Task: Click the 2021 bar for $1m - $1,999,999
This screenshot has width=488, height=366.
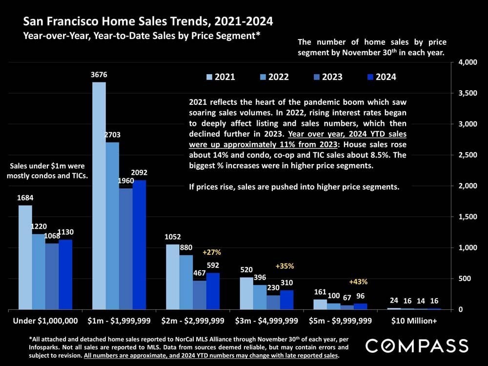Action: click(99, 195)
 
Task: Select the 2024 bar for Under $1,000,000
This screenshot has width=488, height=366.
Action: click(65, 274)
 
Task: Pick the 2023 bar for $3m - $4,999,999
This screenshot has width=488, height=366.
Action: click(273, 302)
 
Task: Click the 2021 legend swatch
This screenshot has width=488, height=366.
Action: click(209, 77)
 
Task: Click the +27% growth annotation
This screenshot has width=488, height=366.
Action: click(212, 252)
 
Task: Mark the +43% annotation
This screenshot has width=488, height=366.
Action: click(358, 282)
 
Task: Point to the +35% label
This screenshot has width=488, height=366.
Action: click(285, 266)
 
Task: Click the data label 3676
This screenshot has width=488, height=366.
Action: click(99, 75)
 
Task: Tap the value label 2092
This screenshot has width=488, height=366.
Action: click(139, 173)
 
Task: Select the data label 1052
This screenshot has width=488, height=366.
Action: click(173, 237)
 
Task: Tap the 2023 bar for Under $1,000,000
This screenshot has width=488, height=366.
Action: click(52, 276)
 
